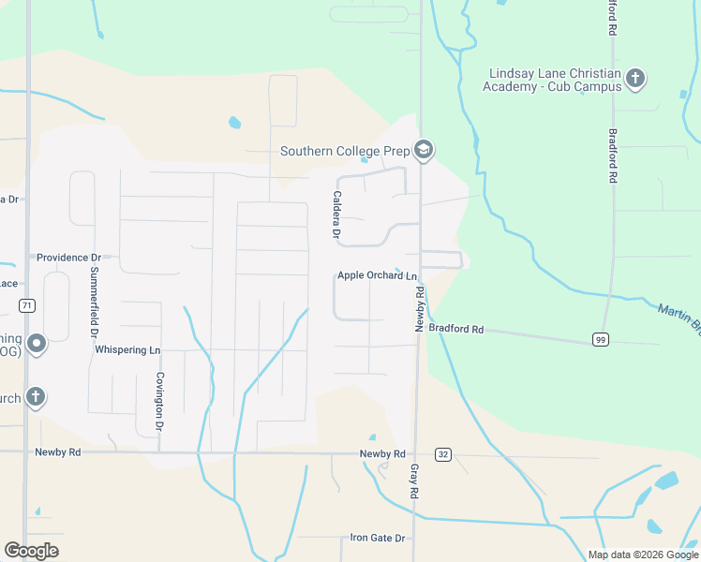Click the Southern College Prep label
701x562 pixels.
346,151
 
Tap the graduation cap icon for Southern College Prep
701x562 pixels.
424,150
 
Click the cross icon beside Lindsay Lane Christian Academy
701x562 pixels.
635,78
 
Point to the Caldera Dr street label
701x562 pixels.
335,214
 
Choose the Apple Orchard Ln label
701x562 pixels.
377,275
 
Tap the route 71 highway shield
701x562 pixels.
27,306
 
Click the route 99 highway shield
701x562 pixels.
600,340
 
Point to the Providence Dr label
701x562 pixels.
68,257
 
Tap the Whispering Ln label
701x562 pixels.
128,350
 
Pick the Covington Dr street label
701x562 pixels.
160,400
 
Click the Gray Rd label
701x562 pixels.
412,481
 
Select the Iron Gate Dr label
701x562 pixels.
377,538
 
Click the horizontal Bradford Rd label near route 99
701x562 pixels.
455,329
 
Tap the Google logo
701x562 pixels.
31,551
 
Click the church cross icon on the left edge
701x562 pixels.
35,397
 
